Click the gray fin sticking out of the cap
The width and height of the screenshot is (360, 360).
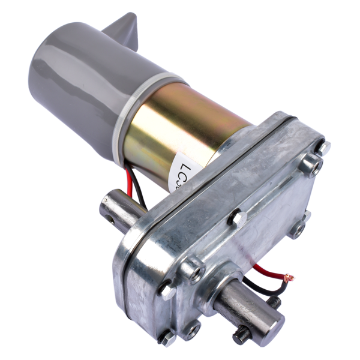(x=124, y=30)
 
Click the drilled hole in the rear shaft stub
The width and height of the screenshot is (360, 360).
(x=109, y=210)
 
